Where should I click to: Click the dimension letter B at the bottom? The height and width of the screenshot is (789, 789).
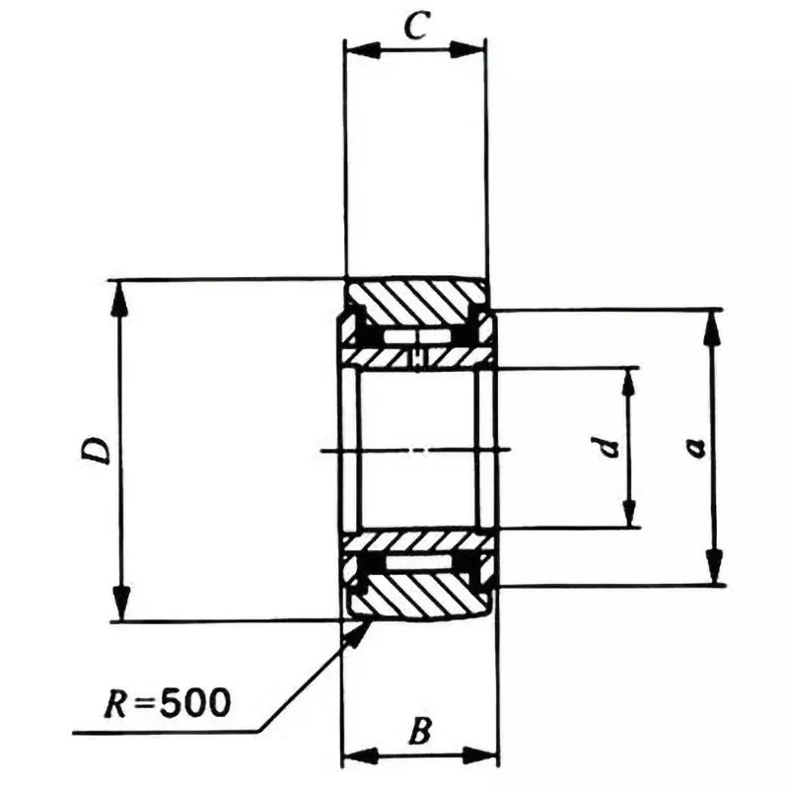(x=418, y=732)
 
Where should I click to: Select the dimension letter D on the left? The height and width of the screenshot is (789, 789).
(x=96, y=452)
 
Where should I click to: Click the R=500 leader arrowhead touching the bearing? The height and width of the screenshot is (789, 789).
(x=353, y=631)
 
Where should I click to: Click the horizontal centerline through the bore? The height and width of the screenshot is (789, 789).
(x=415, y=451)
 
